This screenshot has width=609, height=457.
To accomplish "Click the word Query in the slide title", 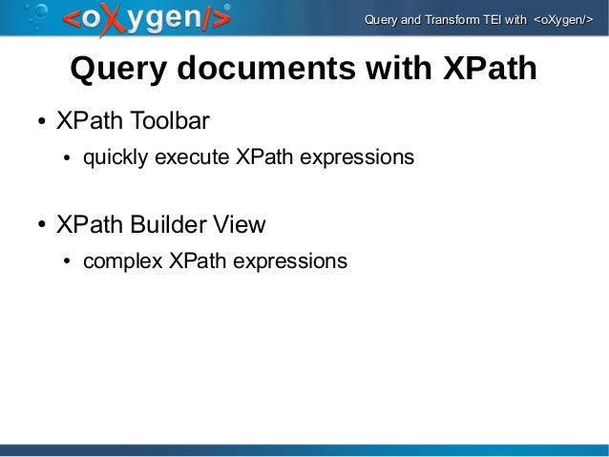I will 115,70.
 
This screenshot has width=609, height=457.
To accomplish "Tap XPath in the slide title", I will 486,70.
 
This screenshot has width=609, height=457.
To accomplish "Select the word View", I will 238,225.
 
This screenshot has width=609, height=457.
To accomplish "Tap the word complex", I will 123,260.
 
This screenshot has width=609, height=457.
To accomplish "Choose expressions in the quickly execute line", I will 357,156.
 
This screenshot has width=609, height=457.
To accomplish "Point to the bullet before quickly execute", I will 68,157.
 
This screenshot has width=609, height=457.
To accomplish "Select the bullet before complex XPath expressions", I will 68,262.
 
